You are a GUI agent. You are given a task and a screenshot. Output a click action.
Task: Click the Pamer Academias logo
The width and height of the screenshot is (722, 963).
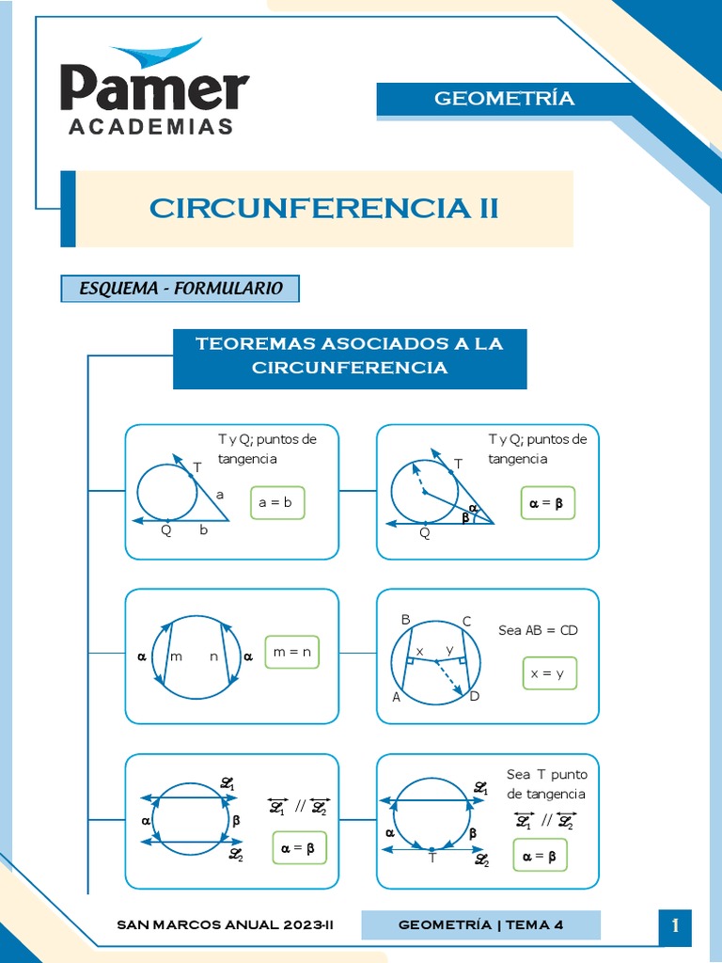155,89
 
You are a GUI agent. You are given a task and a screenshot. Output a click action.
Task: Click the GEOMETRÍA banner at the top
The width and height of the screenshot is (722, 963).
504,99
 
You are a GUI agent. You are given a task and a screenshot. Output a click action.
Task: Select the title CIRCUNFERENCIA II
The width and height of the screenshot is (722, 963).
323,208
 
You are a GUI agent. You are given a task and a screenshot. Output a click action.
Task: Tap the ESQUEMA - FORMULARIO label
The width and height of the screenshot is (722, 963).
180,289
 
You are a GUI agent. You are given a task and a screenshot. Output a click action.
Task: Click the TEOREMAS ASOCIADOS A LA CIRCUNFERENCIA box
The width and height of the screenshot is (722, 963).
350,355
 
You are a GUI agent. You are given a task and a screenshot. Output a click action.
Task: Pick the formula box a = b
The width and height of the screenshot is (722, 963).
276,503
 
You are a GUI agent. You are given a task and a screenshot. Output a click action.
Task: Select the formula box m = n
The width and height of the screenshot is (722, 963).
291,651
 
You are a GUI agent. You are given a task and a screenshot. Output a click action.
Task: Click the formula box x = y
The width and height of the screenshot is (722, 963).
549,673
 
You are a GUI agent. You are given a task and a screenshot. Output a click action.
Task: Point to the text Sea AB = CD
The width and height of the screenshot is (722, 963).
539,630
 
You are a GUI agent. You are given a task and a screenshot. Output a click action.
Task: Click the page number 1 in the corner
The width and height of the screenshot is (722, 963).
675,926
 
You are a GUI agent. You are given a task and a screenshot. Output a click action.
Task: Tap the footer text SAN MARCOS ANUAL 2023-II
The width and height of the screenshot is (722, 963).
226,924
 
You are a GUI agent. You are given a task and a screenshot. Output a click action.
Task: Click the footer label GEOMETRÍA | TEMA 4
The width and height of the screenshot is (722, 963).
480,924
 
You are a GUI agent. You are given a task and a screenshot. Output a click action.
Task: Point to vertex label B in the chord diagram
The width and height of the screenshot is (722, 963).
406,620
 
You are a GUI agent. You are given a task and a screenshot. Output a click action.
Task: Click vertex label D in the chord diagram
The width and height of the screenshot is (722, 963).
475,696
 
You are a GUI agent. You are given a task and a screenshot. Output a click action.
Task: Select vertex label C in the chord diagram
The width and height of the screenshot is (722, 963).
466,621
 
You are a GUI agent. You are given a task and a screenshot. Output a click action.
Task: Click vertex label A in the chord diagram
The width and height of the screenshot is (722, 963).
396,697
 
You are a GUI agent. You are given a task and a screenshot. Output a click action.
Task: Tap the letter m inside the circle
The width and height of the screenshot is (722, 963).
177,656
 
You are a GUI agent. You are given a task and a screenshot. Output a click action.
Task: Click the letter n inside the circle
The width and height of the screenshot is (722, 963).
213,656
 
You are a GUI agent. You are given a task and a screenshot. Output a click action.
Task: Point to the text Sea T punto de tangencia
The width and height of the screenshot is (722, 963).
546,784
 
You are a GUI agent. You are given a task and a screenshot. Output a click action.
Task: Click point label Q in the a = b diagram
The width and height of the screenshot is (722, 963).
166,530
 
